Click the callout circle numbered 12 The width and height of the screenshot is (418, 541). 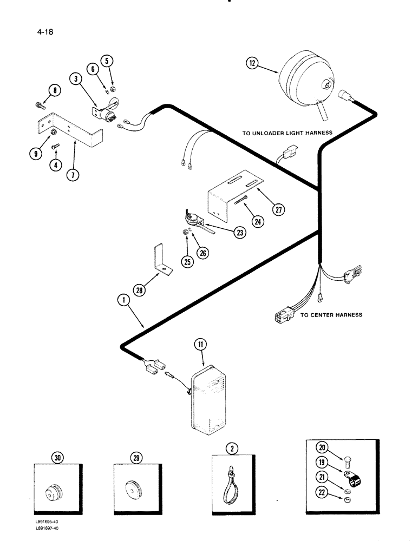(251, 63)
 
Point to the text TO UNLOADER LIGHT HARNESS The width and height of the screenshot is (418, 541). (296, 132)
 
